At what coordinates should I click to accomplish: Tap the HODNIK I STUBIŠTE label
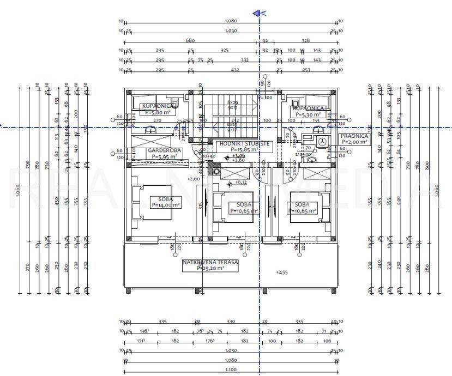(243, 143)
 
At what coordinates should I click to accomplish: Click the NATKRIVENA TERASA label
(210, 262)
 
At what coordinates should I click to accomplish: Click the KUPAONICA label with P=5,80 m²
(158, 106)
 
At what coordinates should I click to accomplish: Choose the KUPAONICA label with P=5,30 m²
(309, 108)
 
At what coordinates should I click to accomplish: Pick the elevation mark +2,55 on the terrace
(281, 272)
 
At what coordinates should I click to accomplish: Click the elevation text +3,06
(238, 155)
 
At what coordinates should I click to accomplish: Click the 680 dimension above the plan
(190, 40)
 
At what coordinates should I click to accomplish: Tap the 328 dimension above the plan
(305, 40)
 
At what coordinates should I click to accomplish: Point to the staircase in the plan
(232, 116)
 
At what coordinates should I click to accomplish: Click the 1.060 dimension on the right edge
(436, 190)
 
